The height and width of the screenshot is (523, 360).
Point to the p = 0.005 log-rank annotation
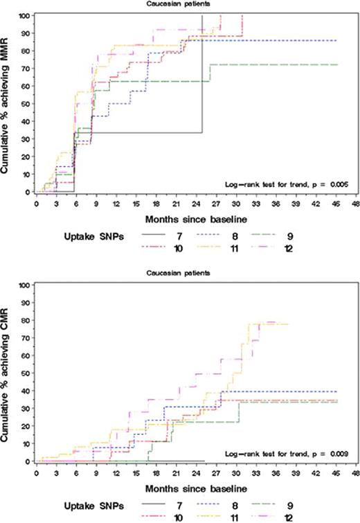(286, 184)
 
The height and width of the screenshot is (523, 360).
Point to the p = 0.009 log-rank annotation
(286, 454)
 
